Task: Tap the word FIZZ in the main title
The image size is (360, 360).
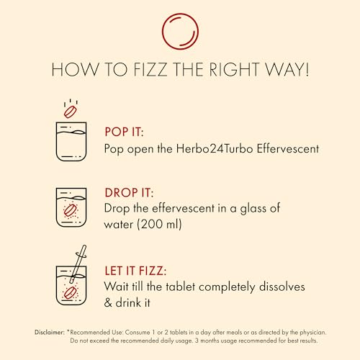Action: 150,69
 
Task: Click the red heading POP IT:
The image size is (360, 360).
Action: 124,132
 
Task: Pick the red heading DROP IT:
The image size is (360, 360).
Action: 129,193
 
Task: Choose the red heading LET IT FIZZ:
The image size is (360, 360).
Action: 135,271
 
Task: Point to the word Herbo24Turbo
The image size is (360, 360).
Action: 215,149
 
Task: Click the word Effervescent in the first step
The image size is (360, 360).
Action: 288,149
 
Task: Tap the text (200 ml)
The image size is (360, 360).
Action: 159,225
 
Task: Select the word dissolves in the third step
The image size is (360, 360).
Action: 282,287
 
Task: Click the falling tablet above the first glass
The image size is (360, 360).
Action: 70,112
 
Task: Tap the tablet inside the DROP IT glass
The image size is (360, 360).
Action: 70,210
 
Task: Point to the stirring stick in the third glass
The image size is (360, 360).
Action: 78,264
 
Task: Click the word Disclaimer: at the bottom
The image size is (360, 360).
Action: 50,333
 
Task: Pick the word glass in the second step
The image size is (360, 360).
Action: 253,208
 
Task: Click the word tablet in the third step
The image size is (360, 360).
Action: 181,287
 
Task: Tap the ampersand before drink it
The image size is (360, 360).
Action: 108,302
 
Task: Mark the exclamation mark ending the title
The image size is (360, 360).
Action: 307,69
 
